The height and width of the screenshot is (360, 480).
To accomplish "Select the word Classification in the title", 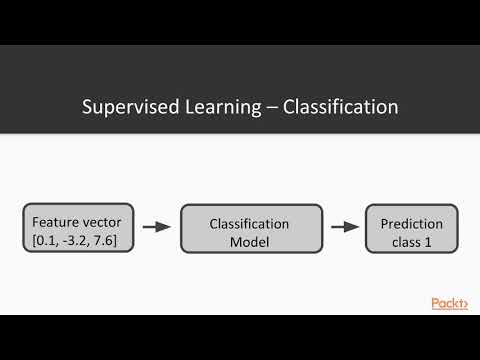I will point(340,106).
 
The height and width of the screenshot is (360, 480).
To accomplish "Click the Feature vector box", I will point(77,228).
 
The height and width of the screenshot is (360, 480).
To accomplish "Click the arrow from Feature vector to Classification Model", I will point(156,227).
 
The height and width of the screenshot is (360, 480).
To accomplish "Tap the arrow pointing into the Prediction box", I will point(344,227).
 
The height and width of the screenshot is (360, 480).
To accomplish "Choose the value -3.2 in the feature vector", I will point(77,239).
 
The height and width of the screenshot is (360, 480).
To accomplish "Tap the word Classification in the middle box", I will point(251,224).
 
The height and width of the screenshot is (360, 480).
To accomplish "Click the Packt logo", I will point(450,303).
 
